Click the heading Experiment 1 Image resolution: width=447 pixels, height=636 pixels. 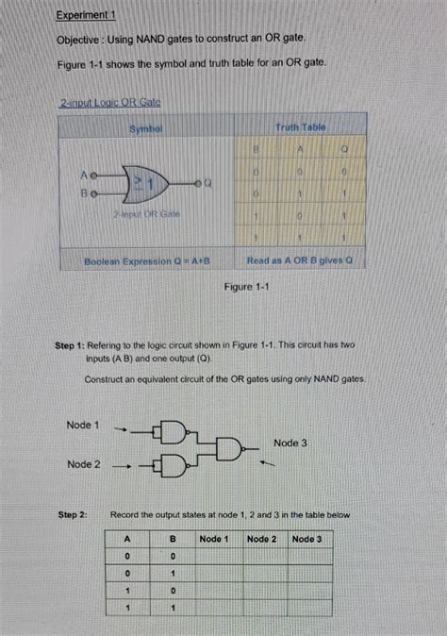[85, 16]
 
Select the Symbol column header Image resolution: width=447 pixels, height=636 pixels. [147, 126]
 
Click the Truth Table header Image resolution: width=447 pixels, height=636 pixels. [300, 126]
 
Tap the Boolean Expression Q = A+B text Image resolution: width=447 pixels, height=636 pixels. [146, 259]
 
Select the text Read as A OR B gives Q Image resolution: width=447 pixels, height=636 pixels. [299, 259]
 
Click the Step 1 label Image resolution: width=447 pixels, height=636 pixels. [72, 345]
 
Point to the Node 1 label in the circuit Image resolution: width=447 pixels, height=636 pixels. [84, 425]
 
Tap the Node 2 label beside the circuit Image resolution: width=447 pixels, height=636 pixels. [84, 464]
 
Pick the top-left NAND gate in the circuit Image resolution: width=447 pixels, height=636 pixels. [175, 430]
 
